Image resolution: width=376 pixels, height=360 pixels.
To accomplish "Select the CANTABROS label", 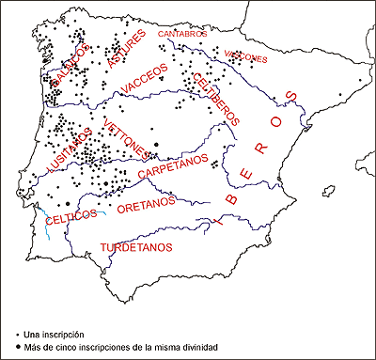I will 180,34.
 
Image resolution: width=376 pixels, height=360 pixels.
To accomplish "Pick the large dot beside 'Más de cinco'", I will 19,348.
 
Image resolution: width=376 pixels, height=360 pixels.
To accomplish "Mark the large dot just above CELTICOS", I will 68,203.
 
